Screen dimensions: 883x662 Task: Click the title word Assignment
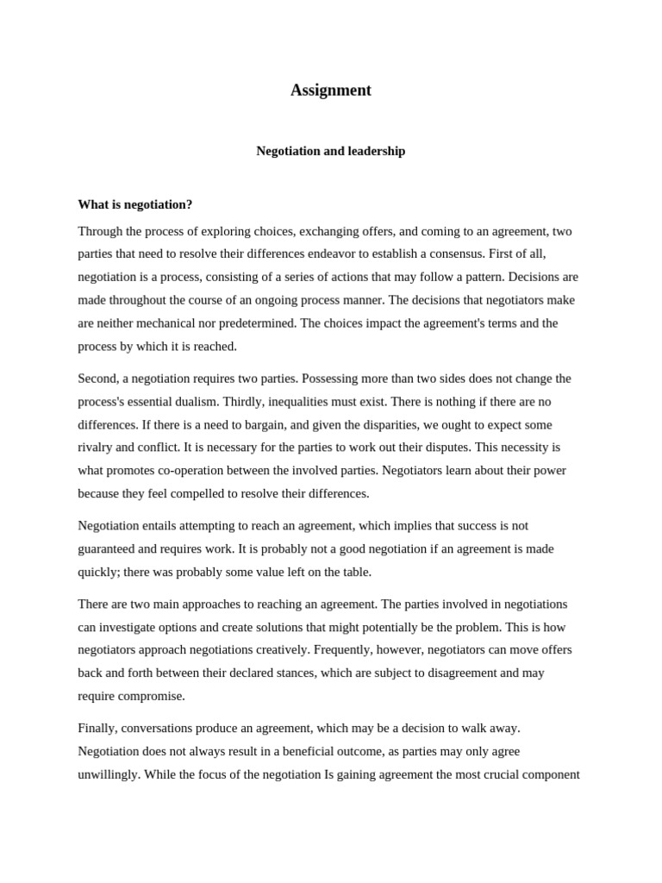[x=330, y=91]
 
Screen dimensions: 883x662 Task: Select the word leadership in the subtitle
[x=375, y=151]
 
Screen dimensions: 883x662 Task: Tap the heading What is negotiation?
[x=135, y=204]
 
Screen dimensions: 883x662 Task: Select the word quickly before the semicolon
[x=98, y=572]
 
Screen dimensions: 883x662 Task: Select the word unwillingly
[x=109, y=774]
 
